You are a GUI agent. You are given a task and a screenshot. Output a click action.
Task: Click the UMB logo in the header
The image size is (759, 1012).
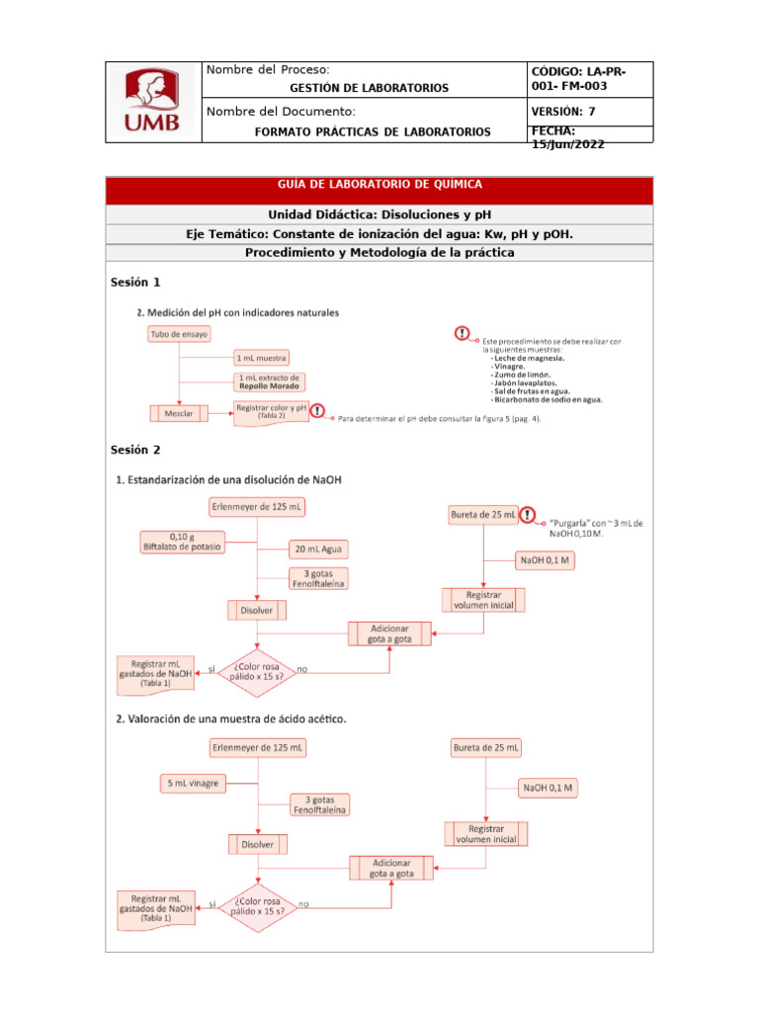click(153, 103)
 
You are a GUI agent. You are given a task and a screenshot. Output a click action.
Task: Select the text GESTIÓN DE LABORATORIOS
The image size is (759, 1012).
click(369, 88)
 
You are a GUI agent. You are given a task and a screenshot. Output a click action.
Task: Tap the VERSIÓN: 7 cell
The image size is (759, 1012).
click(563, 112)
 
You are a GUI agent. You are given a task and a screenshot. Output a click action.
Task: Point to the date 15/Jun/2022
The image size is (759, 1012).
click(568, 144)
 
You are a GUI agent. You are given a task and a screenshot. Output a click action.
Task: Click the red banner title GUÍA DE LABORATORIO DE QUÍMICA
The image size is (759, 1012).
click(379, 185)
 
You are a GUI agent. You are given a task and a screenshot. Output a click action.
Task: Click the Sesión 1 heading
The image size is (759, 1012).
click(135, 283)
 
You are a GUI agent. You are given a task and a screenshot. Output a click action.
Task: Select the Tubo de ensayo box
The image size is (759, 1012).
click(178, 335)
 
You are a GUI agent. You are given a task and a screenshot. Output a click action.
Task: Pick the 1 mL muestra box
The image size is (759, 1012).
click(262, 357)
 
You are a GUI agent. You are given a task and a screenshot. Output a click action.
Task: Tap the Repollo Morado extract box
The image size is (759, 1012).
click(269, 381)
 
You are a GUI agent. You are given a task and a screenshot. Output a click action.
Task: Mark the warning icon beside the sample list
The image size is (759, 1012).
click(462, 334)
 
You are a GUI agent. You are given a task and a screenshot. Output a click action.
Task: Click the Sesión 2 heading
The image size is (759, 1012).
click(135, 450)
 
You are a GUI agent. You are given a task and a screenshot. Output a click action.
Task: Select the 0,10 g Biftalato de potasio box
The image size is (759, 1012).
click(182, 542)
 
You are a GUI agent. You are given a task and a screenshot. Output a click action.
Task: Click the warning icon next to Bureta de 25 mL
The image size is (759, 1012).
click(528, 515)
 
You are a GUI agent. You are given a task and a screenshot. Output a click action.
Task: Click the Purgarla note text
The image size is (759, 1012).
click(596, 528)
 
